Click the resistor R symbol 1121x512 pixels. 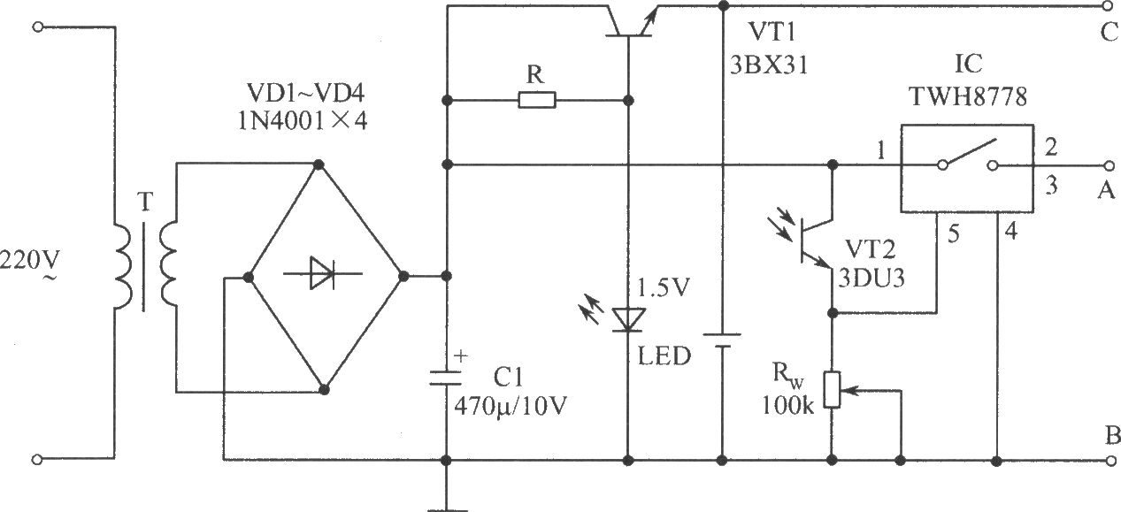pyautogui.click(x=536, y=101)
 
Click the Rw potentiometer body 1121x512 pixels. pyautogui.click(x=833, y=389)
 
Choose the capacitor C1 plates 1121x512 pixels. pyautogui.click(x=445, y=378)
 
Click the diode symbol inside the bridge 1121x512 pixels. pyautogui.click(x=322, y=273)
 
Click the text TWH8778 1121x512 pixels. pyautogui.click(x=968, y=96)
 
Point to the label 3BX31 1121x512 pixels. pyautogui.click(x=769, y=65)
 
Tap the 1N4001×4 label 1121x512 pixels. pyautogui.click(x=303, y=121)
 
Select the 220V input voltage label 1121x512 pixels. pyautogui.click(x=29, y=261)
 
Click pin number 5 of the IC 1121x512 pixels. pyautogui.click(x=954, y=234)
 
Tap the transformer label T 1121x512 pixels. pyautogui.click(x=145, y=202)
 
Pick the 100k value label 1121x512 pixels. pyautogui.click(x=788, y=406)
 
